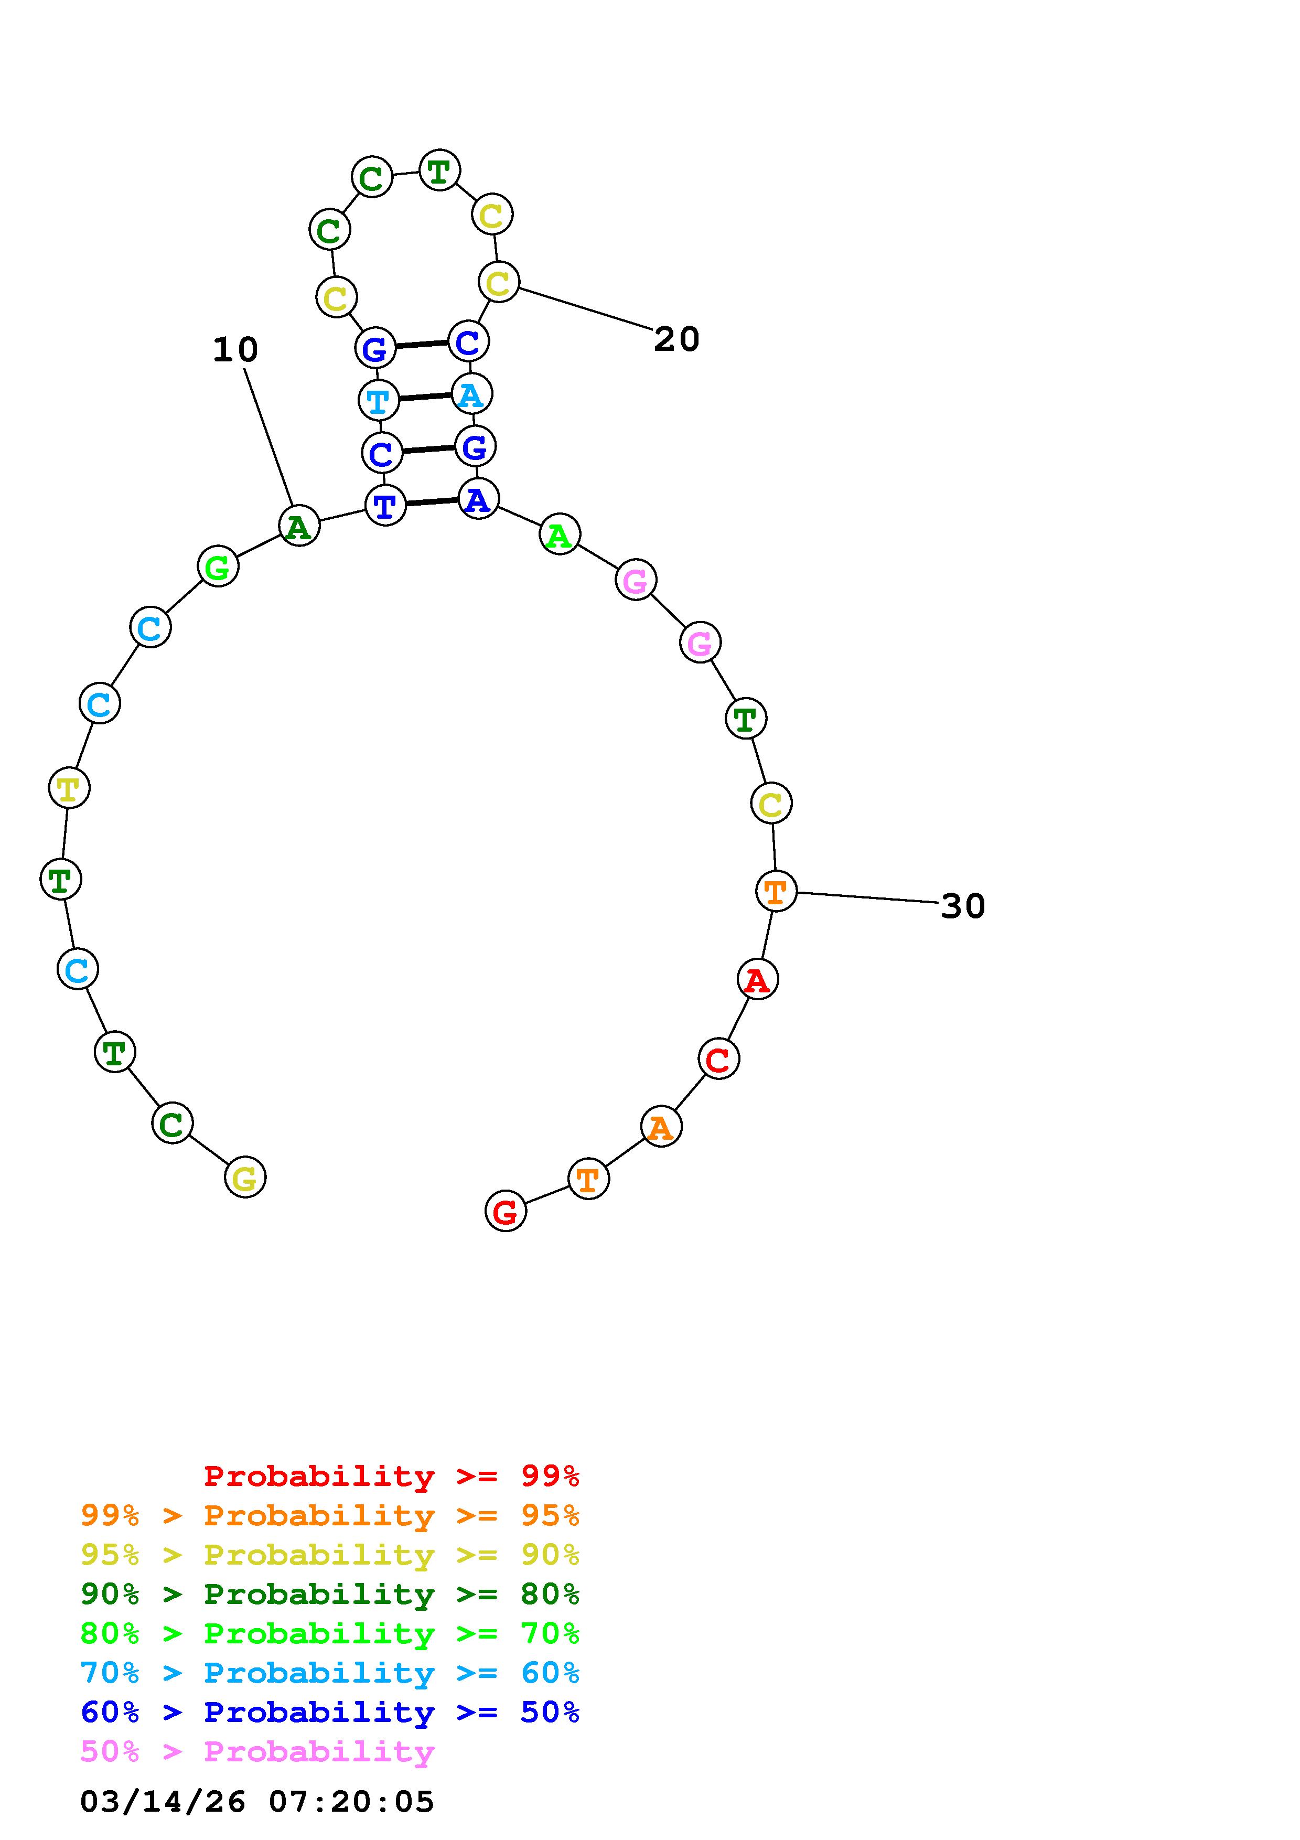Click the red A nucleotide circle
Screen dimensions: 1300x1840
click(x=757, y=979)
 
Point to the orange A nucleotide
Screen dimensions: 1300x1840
click(x=661, y=1127)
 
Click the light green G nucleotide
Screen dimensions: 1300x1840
click(x=218, y=566)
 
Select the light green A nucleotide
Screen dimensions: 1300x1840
click(x=559, y=534)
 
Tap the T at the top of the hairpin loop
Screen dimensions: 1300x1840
click(x=439, y=170)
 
